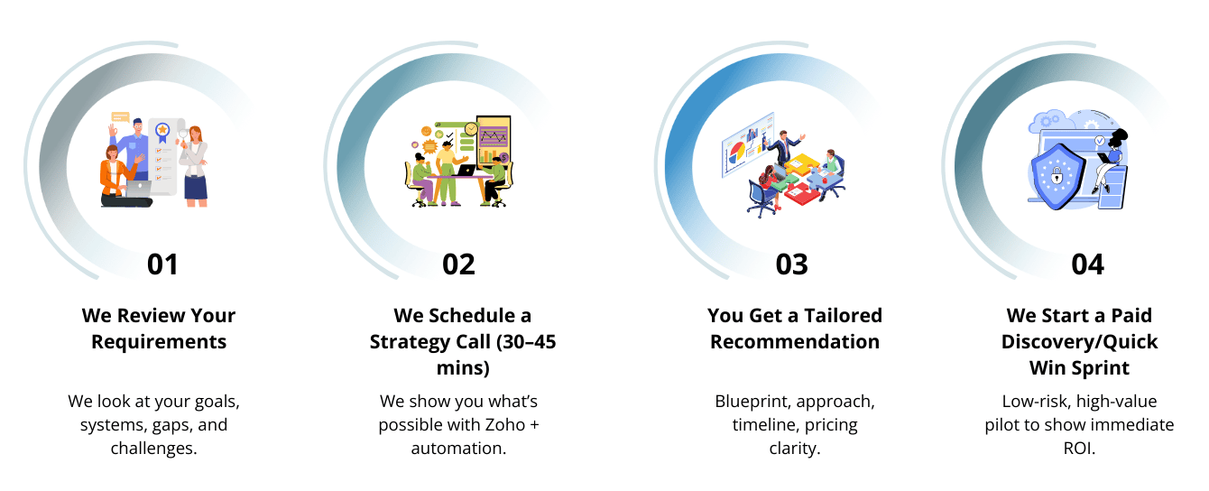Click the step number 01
162,264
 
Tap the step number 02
458,264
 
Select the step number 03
791,264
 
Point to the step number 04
1087,264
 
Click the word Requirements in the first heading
159,342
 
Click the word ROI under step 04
1079,448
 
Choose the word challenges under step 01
153,448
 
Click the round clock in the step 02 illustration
470,129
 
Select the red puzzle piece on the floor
798,190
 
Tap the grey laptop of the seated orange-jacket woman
137,188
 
